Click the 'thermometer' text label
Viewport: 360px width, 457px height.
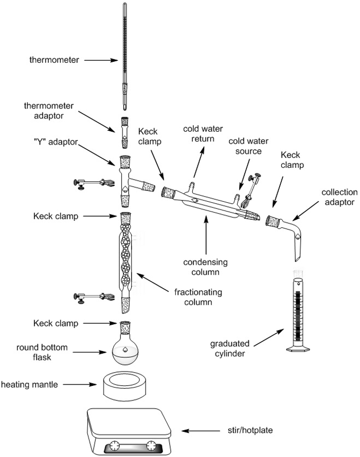[54, 60]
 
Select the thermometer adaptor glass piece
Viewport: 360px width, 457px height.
[125, 132]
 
